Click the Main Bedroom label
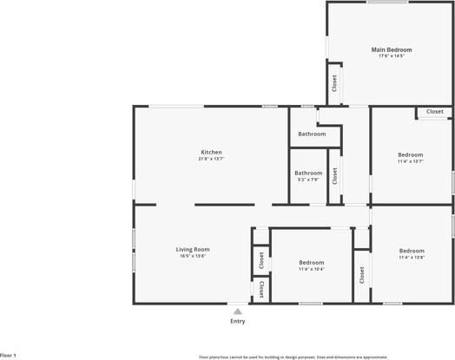pos(392,50)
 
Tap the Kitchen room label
pos(211,153)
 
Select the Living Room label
pos(194,250)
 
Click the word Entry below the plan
pos(237,321)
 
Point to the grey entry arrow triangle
pos(237,311)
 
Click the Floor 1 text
pos(9,356)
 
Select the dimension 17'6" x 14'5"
pos(392,57)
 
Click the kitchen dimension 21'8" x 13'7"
pos(211,160)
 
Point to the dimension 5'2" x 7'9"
pos(308,180)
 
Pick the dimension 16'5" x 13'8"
pos(194,257)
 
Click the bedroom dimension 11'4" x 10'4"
pos(312,269)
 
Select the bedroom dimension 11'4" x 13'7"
pos(411,161)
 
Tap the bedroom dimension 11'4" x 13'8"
pos(411,258)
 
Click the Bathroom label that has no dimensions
pos(312,134)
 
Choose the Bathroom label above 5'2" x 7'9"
pos(308,173)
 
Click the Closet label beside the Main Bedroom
pos(333,83)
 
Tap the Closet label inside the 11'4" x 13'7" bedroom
pos(434,112)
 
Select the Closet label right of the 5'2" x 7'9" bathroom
pos(334,176)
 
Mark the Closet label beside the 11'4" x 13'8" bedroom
pos(361,275)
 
